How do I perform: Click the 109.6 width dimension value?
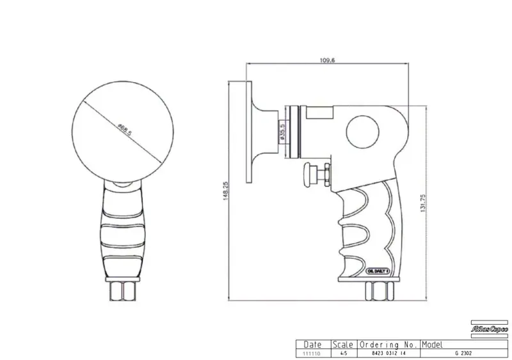[327, 60]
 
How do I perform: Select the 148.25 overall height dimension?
[225, 190]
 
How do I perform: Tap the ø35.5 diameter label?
[282, 134]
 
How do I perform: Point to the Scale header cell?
[344, 344]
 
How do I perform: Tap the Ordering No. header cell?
[388, 344]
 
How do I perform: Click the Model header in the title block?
[433, 344]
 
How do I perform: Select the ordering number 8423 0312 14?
[388, 352]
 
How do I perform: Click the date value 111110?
[312, 352]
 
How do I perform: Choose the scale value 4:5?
[344, 352]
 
